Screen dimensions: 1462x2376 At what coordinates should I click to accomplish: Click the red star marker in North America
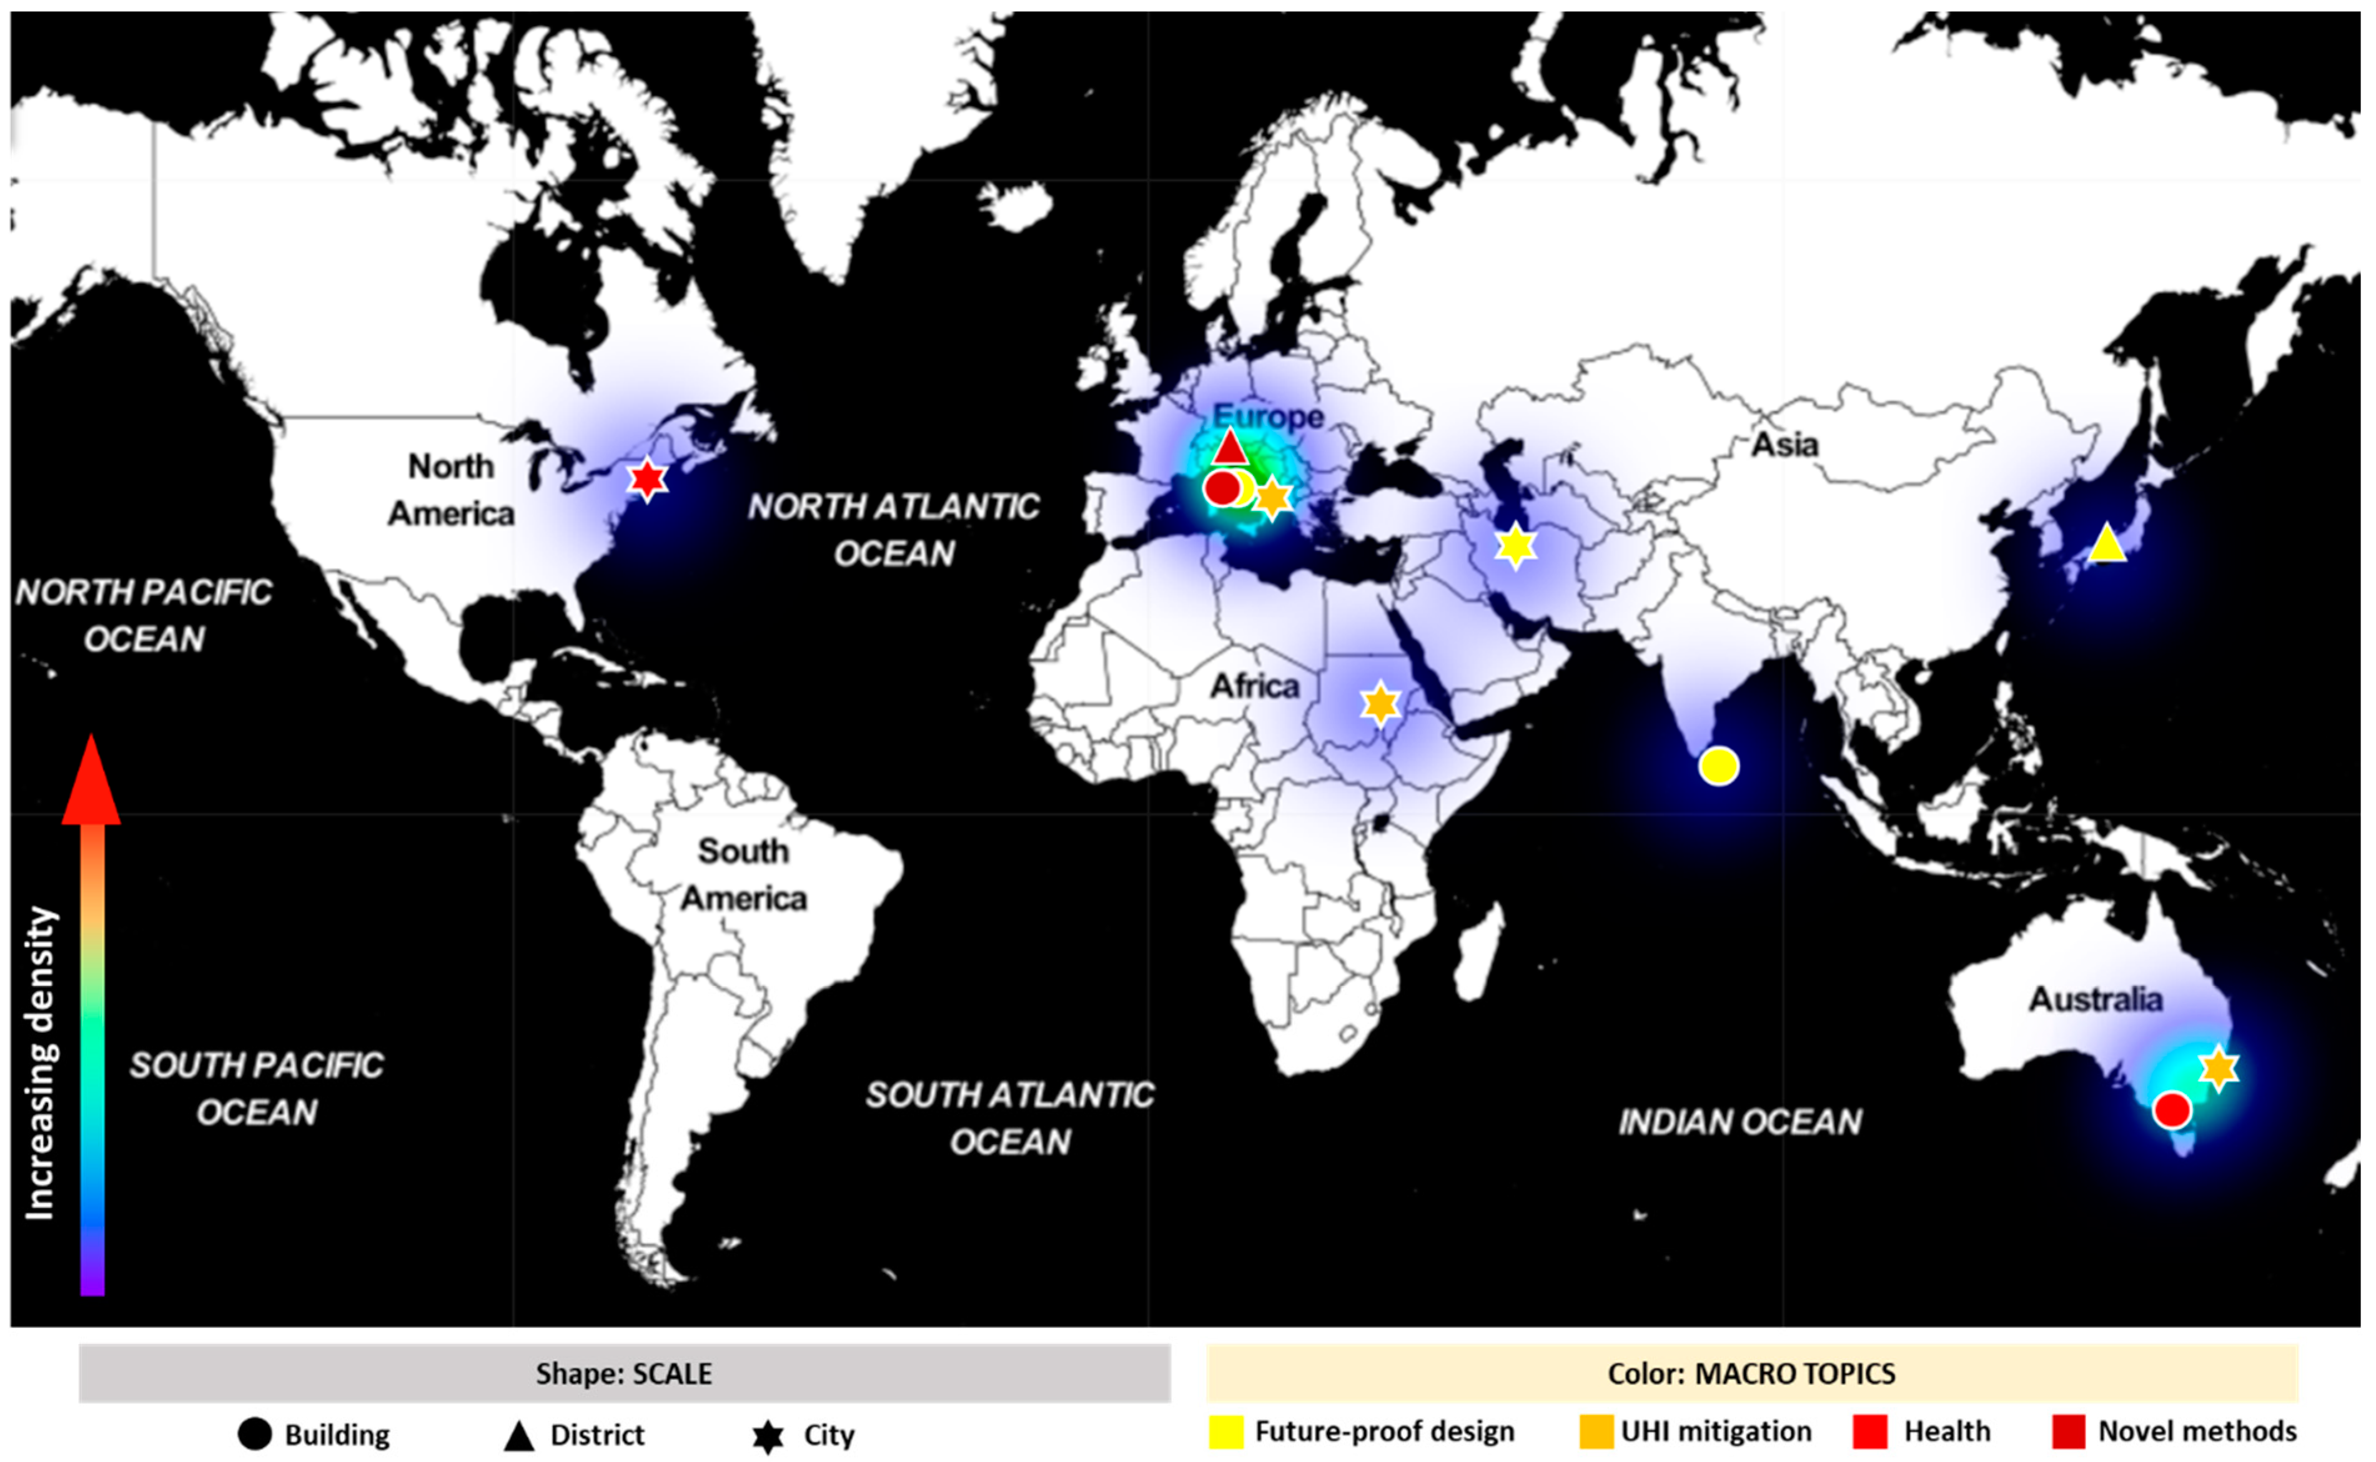click(x=647, y=478)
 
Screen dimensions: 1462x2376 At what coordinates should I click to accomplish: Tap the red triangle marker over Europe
click(x=1229, y=448)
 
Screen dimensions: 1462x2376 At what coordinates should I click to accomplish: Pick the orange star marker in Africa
click(x=1380, y=704)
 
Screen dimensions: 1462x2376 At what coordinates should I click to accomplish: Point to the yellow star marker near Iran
click(x=1515, y=547)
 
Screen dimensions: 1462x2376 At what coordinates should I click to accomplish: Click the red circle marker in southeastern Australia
click(x=2171, y=1110)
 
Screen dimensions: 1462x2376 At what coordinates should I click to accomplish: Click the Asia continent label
click(x=1784, y=445)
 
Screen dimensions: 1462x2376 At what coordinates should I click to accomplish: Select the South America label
click(x=743, y=875)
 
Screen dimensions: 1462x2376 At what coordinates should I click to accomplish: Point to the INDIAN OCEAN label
click(x=1740, y=1122)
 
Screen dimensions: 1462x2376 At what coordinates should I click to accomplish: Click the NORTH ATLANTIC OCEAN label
click(x=894, y=530)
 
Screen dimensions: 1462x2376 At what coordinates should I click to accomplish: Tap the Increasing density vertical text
click(x=41, y=1064)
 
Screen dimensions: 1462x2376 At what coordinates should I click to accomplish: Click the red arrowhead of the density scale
click(x=91, y=783)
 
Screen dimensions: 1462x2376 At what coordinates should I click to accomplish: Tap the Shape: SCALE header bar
click(x=624, y=1374)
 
